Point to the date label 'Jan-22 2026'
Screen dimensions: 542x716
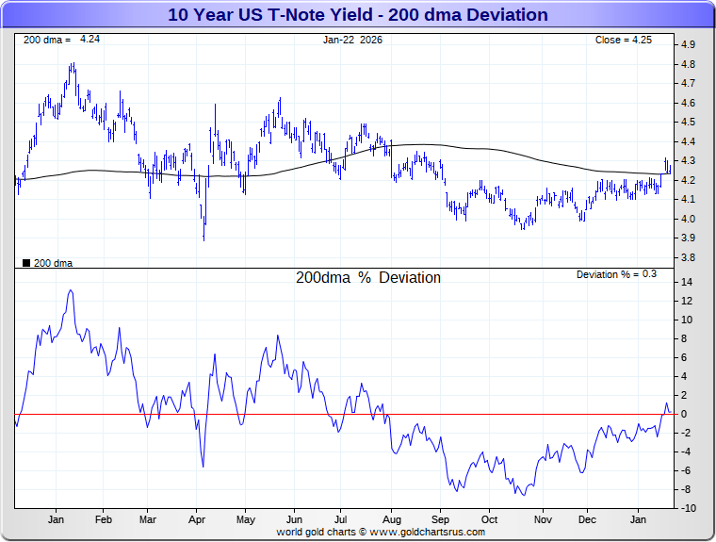pyautogui.click(x=353, y=40)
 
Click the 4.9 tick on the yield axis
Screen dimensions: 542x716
pyautogui.click(x=688, y=44)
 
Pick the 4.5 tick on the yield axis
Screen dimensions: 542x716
pyautogui.click(x=688, y=122)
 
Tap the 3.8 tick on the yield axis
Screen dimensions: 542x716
pyautogui.click(x=688, y=257)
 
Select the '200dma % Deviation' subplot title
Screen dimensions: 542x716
pyautogui.click(x=368, y=278)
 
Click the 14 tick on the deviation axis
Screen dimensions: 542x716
pyautogui.click(x=688, y=282)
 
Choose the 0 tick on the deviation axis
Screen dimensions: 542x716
pyautogui.click(x=685, y=414)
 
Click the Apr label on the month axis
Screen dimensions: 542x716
pyautogui.click(x=198, y=519)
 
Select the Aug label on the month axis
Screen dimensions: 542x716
pyautogui.click(x=392, y=519)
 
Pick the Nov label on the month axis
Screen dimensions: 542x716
pyautogui.click(x=543, y=519)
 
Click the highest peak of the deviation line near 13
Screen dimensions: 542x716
pyautogui.click(x=71, y=290)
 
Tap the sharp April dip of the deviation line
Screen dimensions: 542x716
pyautogui.click(x=203, y=466)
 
